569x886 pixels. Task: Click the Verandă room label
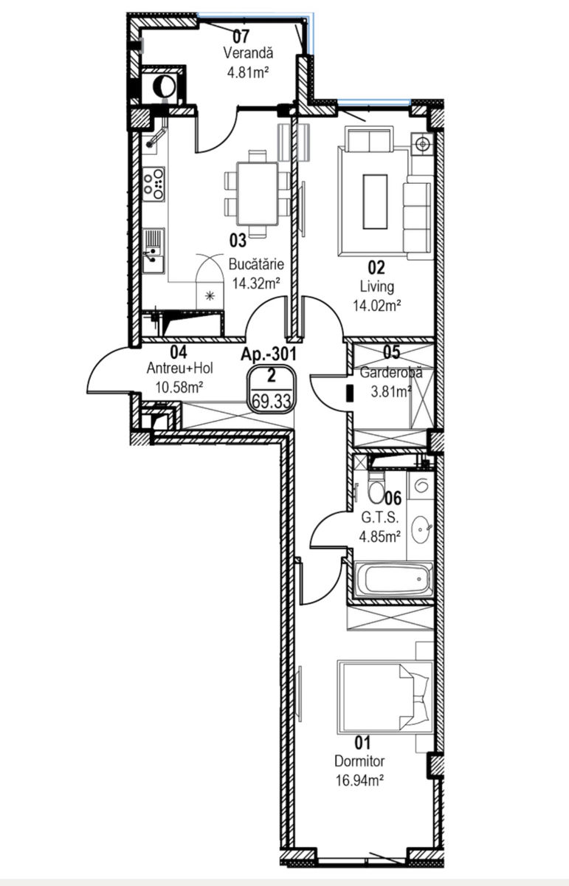click(248, 52)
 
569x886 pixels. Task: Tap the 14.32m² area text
click(256, 284)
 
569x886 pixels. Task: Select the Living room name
click(377, 286)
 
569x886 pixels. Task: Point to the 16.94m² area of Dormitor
click(359, 780)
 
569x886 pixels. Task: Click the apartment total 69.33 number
click(272, 401)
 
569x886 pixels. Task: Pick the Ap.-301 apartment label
click(269, 354)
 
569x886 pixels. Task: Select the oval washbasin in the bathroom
click(420, 529)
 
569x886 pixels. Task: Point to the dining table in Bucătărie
click(256, 193)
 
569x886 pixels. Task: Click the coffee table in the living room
click(375, 202)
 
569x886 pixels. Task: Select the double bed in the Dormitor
click(384, 696)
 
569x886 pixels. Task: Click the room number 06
click(393, 498)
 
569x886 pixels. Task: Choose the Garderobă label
click(391, 372)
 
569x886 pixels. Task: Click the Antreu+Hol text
click(180, 368)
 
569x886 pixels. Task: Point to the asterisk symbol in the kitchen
click(210, 295)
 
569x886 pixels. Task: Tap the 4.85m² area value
click(379, 537)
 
